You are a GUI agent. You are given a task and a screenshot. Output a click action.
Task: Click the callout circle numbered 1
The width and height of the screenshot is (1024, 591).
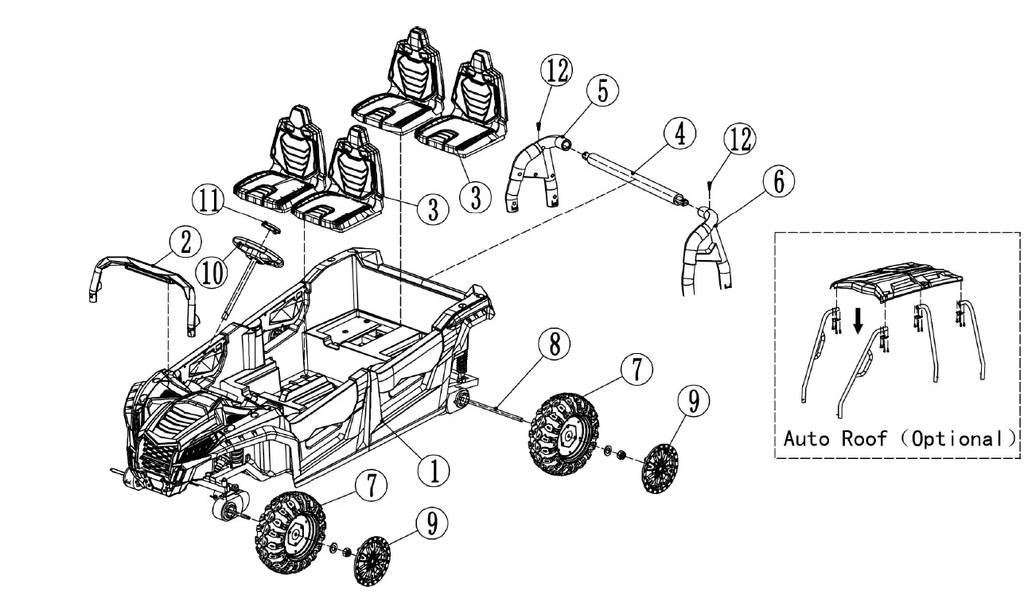[434, 470]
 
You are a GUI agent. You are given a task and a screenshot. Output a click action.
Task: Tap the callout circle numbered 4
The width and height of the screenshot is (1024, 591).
[679, 134]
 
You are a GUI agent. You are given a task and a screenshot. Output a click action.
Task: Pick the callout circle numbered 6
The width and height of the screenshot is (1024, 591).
[778, 182]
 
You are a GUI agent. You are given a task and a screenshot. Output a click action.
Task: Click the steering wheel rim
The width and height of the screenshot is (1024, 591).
[257, 250]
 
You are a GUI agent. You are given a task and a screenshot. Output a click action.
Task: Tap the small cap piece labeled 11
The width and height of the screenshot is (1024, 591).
[271, 227]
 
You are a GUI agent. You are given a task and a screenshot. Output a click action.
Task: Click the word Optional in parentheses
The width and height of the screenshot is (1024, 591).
[960, 438]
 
